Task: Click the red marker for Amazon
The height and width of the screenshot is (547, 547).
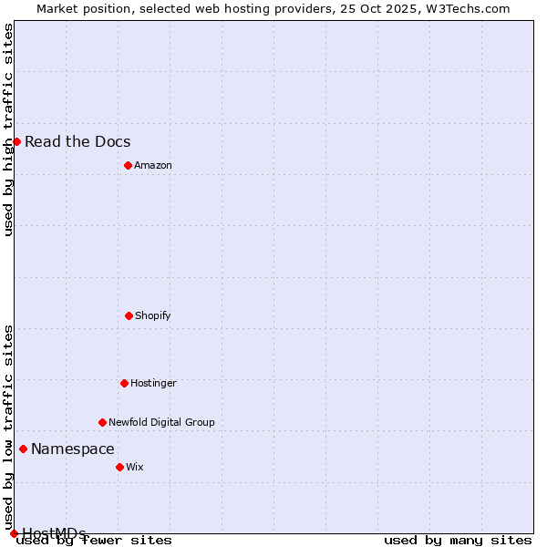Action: pyautogui.click(x=128, y=165)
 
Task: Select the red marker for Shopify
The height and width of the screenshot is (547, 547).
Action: pyautogui.click(x=129, y=315)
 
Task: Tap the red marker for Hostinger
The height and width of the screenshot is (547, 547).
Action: pyautogui.click(x=124, y=383)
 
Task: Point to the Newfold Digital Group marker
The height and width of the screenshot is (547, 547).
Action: pyautogui.click(x=102, y=422)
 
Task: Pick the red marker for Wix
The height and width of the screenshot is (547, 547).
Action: pyautogui.click(x=119, y=467)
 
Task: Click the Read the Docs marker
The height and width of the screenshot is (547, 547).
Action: pyautogui.click(x=16, y=141)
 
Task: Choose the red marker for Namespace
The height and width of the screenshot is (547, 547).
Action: pyautogui.click(x=23, y=449)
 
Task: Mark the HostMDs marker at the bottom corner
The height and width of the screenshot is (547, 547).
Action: pyautogui.click(x=14, y=533)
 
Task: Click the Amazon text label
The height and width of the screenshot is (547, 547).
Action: pyautogui.click(x=153, y=165)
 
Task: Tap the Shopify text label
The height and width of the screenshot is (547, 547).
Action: pyautogui.click(x=153, y=315)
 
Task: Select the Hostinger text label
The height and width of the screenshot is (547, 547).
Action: pyautogui.click(x=153, y=383)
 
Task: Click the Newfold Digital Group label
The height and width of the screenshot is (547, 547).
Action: pyautogui.click(x=161, y=422)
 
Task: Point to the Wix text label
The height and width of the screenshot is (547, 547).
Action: pyautogui.click(x=135, y=467)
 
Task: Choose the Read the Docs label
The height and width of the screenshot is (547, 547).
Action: pyautogui.click(x=77, y=141)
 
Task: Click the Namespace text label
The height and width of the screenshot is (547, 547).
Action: pyautogui.click(x=73, y=449)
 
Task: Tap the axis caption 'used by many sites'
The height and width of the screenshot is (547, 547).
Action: pyautogui.click(x=458, y=540)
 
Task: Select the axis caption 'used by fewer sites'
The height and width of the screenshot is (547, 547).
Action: pyautogui.click(x=95, y=540)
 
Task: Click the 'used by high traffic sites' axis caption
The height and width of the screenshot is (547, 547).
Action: pyautogui.click(x=8, y=129)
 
